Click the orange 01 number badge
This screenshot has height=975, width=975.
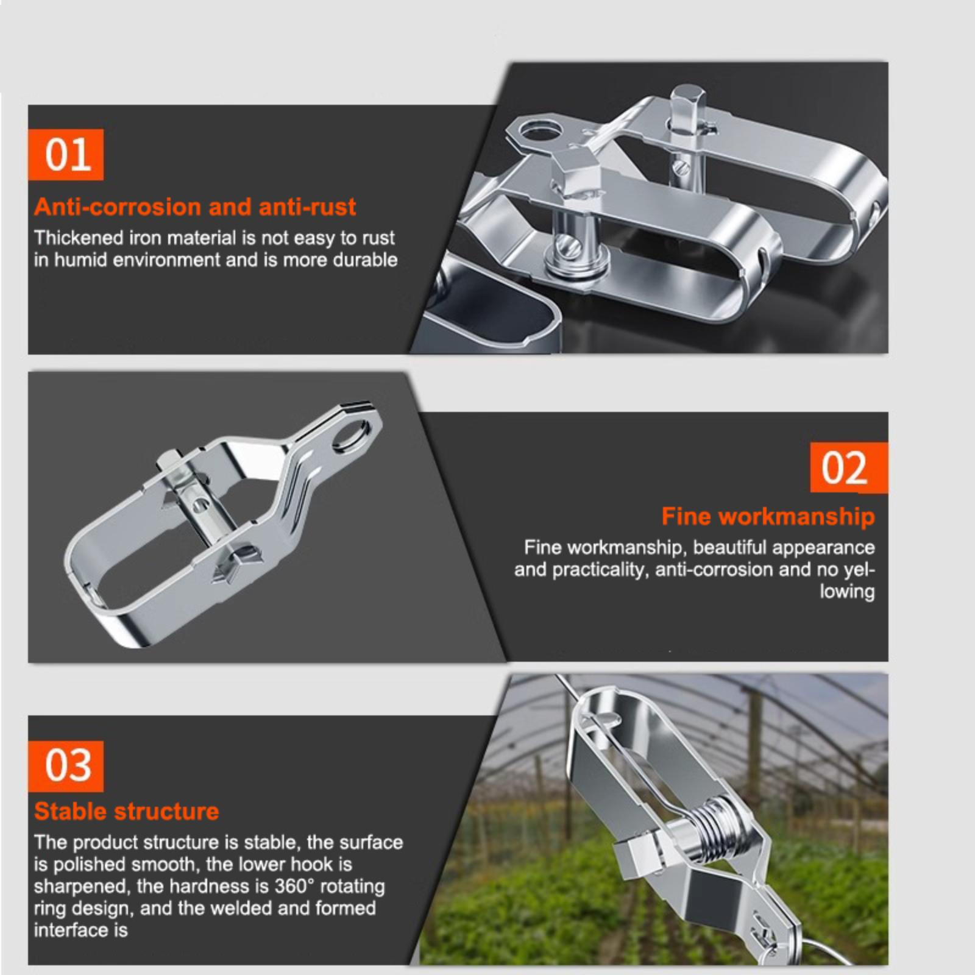pos(66,155)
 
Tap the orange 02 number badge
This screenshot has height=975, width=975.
pos(849,467)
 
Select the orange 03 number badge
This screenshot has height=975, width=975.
pos(66,766)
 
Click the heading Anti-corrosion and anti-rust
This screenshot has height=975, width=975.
pos(195,207)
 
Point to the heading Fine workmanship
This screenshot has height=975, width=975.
pos(768,517)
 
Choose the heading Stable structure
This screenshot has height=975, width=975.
pos(126,811)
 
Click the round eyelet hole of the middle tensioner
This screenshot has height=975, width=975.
pos(352,438)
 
